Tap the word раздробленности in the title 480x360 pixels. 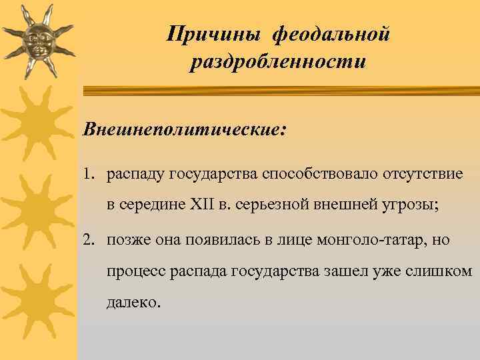[x=277, y=63]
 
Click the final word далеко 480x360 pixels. [x=133, y=303]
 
